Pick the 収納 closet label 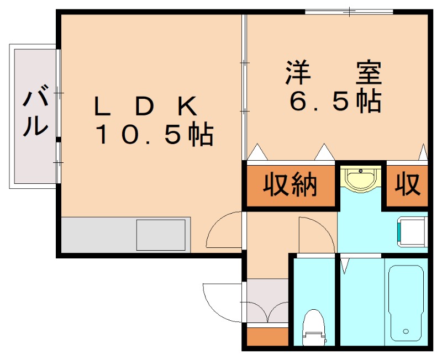click(290, 186)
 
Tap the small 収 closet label click(408, 185)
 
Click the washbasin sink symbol click(361, 179)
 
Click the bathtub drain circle click(406, 332)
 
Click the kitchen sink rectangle click(161, 234)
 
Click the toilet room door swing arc click(316, 235)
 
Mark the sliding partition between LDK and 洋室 click(244, 88)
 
